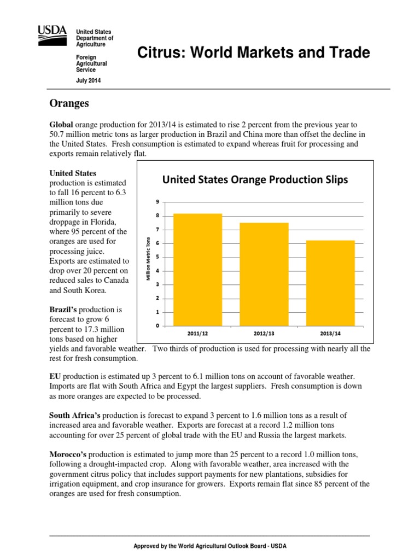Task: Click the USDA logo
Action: click(x=52, y=37)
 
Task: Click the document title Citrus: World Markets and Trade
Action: click(x=252, y=53)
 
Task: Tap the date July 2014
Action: click(x=87, y=81)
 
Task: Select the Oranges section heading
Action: click(x=69, y=103)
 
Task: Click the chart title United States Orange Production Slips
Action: click(x=255, y=180)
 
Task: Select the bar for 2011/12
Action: click(x=197, y=270)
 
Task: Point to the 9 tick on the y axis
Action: click(x=157, y=202)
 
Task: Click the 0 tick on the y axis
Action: click(x=157, y=326)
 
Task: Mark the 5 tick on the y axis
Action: click(x=157, y=257)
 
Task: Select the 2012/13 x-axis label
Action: click(x=264, y=332)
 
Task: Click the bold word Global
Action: click(x=61, y=125)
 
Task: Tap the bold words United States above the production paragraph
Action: click(x=73, y=173)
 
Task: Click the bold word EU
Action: click(x=55, y=377)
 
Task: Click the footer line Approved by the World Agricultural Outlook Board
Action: click(x=210, y=546)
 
